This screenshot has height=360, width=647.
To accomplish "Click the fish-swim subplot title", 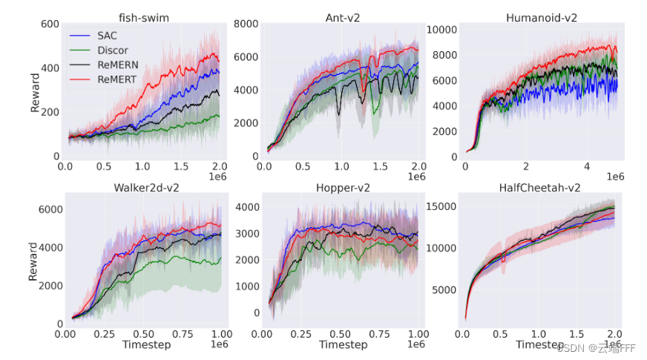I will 143,16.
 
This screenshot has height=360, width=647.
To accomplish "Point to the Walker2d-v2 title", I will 143,187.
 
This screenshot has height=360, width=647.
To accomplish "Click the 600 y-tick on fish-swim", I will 49,24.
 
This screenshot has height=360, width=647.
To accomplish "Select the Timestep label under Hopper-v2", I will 344,344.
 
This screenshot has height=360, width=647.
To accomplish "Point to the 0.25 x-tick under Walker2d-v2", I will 105,336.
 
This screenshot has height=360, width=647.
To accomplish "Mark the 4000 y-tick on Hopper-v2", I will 247,207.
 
